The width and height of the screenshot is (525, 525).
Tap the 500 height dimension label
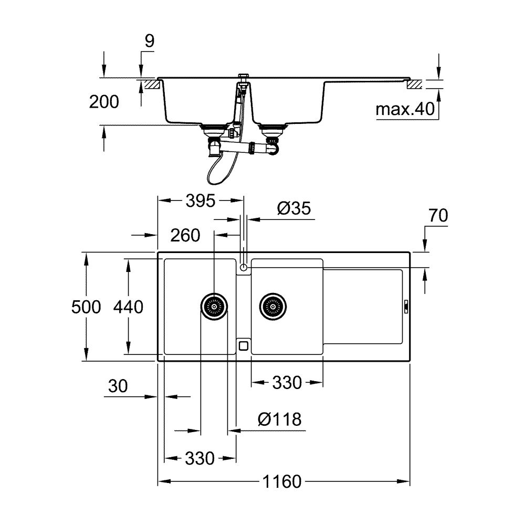click(x=86, y=307)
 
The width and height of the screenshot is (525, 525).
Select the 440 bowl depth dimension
click(x=128, y=307)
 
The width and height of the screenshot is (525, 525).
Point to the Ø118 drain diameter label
click(x=280, y=419)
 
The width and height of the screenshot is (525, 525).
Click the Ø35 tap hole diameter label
click(x=293, y=208)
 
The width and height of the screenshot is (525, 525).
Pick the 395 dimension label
click(x=201, y=200)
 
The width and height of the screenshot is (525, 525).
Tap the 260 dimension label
click(x=185, y=235)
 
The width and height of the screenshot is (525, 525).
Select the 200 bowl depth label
click(x=103, y=102)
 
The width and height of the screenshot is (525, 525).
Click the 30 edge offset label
click(x=118, y=386)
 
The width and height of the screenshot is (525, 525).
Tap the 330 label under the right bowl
click(x=287, y=383)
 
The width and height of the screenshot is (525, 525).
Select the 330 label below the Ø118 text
click(x=199, y=458)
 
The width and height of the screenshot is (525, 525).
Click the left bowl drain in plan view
click(x=214, y=304)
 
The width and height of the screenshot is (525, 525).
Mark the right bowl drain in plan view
click(x=272, y=304)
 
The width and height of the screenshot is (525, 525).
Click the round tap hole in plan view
click(x=243, y=268)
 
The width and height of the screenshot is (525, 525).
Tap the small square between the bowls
click(x=243, y=345)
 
